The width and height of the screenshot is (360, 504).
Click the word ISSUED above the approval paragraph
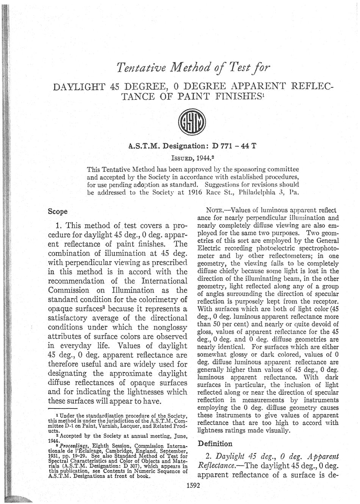183,156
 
